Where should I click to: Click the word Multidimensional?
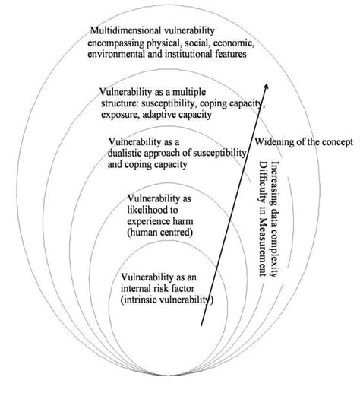pyautogui.click(x=125, y=30)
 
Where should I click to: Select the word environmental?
pyautogui.click(x=119, y=54)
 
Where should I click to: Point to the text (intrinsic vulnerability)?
pyautogui.click(x=167, y=303)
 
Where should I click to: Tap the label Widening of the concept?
pyautogui.click(x=304, y=142)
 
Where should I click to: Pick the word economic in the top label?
pyautogui.click(x=258, y=42)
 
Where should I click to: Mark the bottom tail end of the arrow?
pyautogui.click(x=202, y=325)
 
